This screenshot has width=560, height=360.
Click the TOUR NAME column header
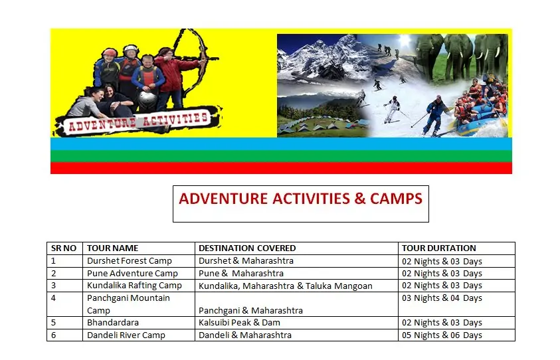(x=112, y=248)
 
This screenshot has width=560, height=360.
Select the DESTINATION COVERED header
(x=247, y=248)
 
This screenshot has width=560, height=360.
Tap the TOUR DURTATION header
(x=439, y=248)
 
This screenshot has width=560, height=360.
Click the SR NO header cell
(x=64, y=248)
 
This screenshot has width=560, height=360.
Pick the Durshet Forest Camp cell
(x=130, y=261)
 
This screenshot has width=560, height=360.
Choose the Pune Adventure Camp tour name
(x=132, y=273)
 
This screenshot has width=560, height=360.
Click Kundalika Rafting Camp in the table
(x=134, y=286)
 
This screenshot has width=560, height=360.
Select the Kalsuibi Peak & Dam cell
(x=239, y=323)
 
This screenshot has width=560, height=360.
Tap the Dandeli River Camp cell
(x=126, y=335)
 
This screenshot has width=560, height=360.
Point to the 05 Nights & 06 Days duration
(x=442, y=335)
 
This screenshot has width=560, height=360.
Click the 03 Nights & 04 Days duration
(x=442, y=298)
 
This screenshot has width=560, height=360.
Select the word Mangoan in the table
(x=353, y=286)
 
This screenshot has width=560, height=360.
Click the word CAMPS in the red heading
(x=396, y=199)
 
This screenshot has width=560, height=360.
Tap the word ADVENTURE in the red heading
(x=224, y=199)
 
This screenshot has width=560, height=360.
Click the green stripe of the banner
(x=281, y=156)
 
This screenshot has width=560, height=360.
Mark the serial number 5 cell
(x=54, y=323)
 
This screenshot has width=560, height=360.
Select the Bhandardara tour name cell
(x=113, y=323)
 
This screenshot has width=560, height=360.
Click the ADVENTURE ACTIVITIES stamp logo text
(x=138, y=122)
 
